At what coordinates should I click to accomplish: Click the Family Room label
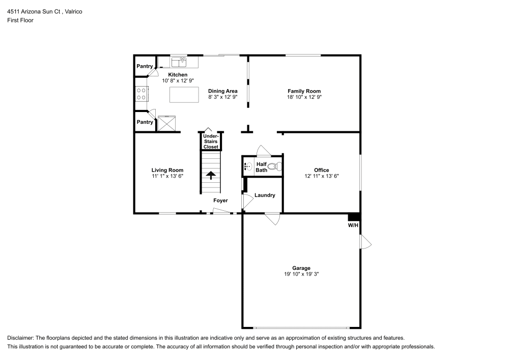(x=304, y=91)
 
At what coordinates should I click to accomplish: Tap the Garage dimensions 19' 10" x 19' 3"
(x=301, y=274)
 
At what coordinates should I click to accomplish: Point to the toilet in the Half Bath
(x=273, y=166)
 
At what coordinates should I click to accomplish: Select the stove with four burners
(x=141, y=94)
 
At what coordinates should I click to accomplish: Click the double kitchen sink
(x=179, y=62)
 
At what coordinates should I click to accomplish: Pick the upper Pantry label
(x=145, y=66)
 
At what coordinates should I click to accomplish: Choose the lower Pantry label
(x=145, y=122)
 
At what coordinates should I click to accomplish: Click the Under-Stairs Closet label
(x=211, y=142)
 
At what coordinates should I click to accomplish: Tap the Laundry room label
(x=265, y=195)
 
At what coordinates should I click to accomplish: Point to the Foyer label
(x=220, y=201)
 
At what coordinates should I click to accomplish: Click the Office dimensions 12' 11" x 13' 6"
(x=321, y=176)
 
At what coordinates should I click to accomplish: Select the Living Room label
(x=167, y=170)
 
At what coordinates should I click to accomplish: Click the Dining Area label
(x=222, y=91)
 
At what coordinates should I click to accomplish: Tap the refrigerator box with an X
(x=167, y=124)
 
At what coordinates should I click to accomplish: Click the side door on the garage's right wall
(x=365, y=242)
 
